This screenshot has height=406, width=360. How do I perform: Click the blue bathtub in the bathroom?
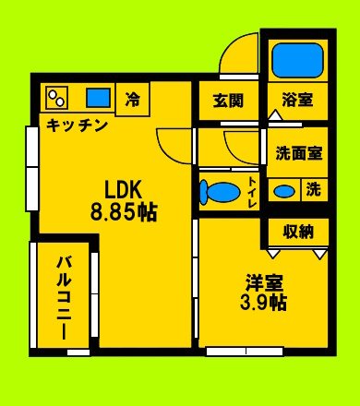(x=297, y=60)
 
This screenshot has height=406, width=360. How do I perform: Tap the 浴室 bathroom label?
(x=297, y=100)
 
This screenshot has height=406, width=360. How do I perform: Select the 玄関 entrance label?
(x=228, y=101)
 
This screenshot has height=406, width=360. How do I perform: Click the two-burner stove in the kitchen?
(x=56, y=98)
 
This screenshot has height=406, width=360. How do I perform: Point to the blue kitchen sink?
(x=98, y=98)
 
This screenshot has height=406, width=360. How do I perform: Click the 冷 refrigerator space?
(x=133, y=99)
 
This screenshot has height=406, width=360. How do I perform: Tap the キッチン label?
(x=77, y=125)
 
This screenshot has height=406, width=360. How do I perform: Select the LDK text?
(x=124, y=190)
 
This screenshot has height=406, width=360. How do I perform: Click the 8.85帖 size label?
(x=124, y=212)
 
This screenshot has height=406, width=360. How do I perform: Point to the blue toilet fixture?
(x=220, y=192)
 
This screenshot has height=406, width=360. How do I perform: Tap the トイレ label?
(x=253, y=192)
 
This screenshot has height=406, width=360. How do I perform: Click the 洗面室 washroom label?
(x=299, y=153)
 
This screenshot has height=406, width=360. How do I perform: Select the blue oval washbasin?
(x=284, y=191)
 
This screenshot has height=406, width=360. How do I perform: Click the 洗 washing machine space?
(x=314, y=189)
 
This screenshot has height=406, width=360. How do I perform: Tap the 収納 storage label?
(x=298, y=232)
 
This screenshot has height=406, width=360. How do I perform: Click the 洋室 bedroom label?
(x=264, y=282)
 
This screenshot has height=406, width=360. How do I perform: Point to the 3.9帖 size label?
(x=263, y=303)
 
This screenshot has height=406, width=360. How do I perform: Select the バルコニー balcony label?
(x=64, y=298)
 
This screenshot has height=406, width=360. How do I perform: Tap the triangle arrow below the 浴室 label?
(x=276, y=115)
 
